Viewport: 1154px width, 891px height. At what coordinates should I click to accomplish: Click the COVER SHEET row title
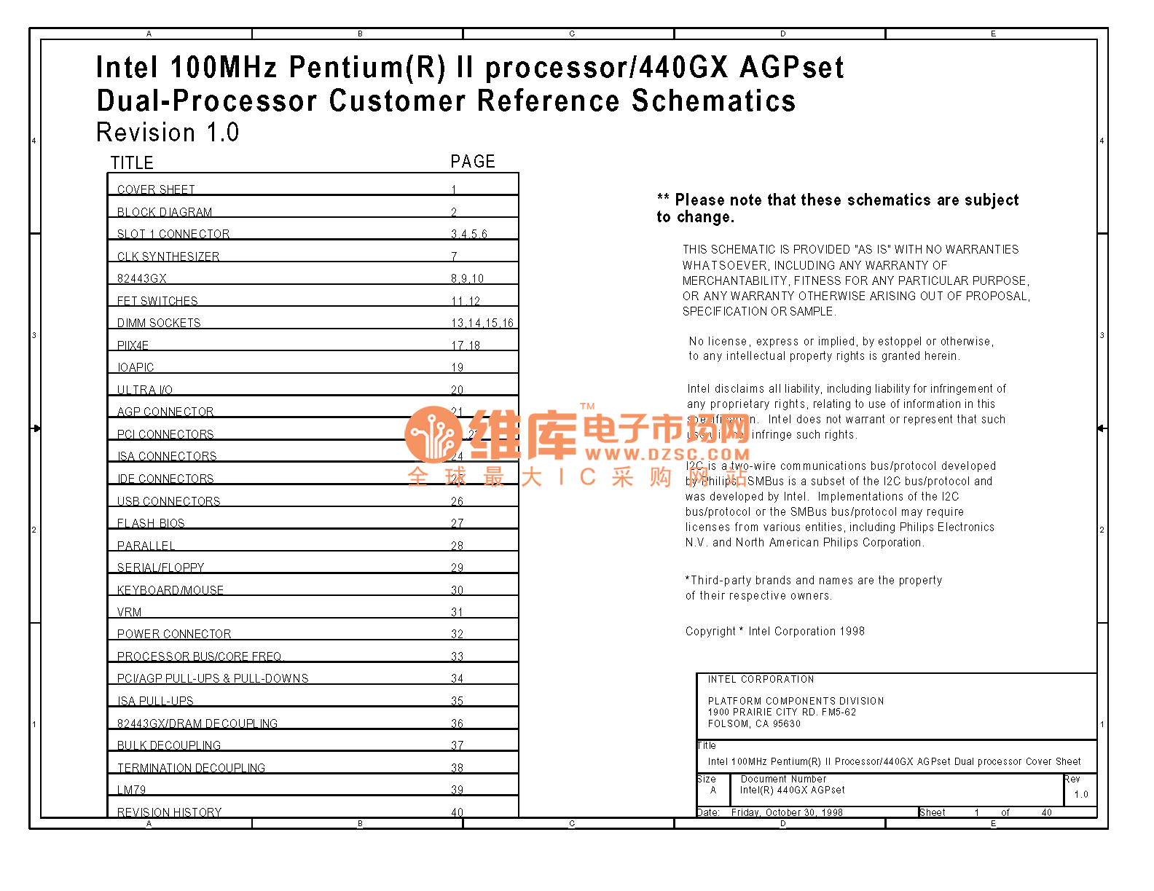[156, 189]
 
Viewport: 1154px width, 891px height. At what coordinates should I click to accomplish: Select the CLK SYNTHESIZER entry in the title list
[168, 256]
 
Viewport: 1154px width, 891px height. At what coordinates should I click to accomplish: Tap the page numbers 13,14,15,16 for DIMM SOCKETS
[482, 323]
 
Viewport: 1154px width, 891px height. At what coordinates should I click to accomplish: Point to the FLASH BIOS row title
[151, 523]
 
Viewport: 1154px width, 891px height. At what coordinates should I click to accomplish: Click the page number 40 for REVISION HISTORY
[457, 812]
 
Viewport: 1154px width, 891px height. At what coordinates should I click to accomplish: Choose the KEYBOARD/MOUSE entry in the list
[170, 590]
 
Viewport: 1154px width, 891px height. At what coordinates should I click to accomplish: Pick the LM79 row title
[131, 790]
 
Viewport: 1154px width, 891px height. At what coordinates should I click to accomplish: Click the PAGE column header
[473, 162]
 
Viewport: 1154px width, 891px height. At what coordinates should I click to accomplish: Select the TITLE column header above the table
[132, 163]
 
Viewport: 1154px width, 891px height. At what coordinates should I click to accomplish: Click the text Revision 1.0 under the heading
[168, 133]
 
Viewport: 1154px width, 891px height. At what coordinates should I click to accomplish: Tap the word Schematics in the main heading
[713, 101]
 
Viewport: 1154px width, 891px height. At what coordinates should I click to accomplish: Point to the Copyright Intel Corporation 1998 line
[774, 632]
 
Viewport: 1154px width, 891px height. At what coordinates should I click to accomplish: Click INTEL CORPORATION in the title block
[761, 679]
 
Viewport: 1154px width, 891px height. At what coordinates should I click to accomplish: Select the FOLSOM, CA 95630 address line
[754, 723]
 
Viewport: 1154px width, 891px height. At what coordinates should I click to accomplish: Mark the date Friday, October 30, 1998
[787, 812]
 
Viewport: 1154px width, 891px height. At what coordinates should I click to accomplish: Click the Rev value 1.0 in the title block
[1081, 794]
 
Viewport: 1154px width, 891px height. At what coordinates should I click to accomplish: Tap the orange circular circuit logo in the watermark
[433, 434]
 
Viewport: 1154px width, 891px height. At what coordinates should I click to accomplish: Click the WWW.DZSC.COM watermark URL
[667, 455]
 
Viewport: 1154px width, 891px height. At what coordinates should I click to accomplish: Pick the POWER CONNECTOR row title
[174, 635]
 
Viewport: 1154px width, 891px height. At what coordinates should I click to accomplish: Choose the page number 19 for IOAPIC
[457, 367]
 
